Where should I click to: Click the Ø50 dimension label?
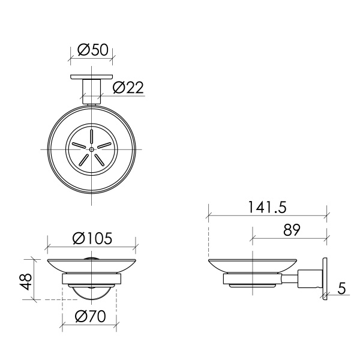[92, 50]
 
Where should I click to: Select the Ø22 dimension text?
[128, 87]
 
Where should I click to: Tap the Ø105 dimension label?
[92, 238]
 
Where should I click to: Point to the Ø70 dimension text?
[91, 316]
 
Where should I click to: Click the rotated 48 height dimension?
[25, 282]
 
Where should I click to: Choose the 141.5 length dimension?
[268, 208]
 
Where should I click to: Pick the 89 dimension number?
[292, 230]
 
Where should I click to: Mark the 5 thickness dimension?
[341, 288]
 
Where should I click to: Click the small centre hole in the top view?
[92, 149]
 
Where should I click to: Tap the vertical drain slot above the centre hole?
[92, 137]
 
